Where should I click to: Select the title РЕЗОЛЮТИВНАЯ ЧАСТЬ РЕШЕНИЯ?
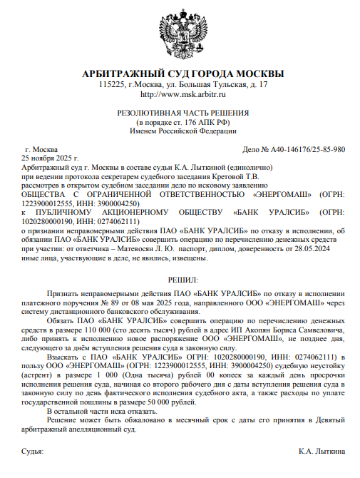click(x=183, y=113)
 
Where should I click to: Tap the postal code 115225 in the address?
click(x=111, y=85)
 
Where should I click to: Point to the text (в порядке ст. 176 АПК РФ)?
click(x=183, y=122)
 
